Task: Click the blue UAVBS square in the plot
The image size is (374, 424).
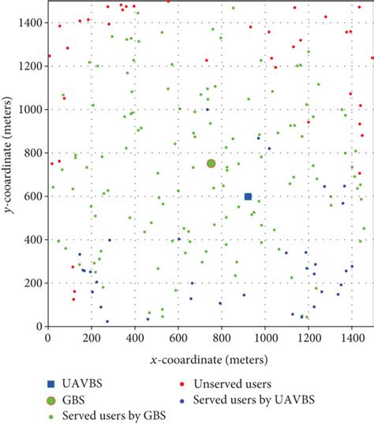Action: (x=248, y=197)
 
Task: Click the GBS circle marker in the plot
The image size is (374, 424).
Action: (x=211, y=163)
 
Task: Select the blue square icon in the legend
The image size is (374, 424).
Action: (x=53, y=385)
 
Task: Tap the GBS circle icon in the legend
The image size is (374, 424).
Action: (x=53, y=400)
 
